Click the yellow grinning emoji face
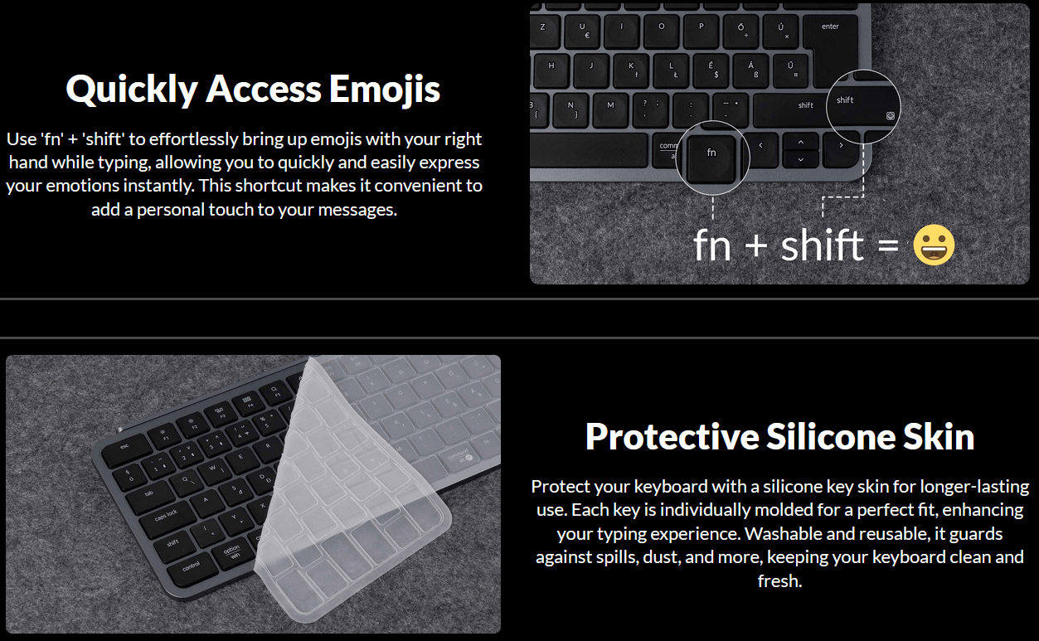click(x=934, y=245)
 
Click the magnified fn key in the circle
click(x=711, y=158)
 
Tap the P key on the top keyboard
click(x=702, y=32)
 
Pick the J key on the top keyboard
click(x=591, y=70)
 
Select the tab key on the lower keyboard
click(x=150, y=494)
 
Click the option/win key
click(x=232, y=552)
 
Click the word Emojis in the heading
click(x=385, y=89)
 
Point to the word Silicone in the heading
click(x=830, y=436)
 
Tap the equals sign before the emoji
click(x=888, y=245)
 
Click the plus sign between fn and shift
click(x=756, y=245)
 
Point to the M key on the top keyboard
click(x=611, y=110)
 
